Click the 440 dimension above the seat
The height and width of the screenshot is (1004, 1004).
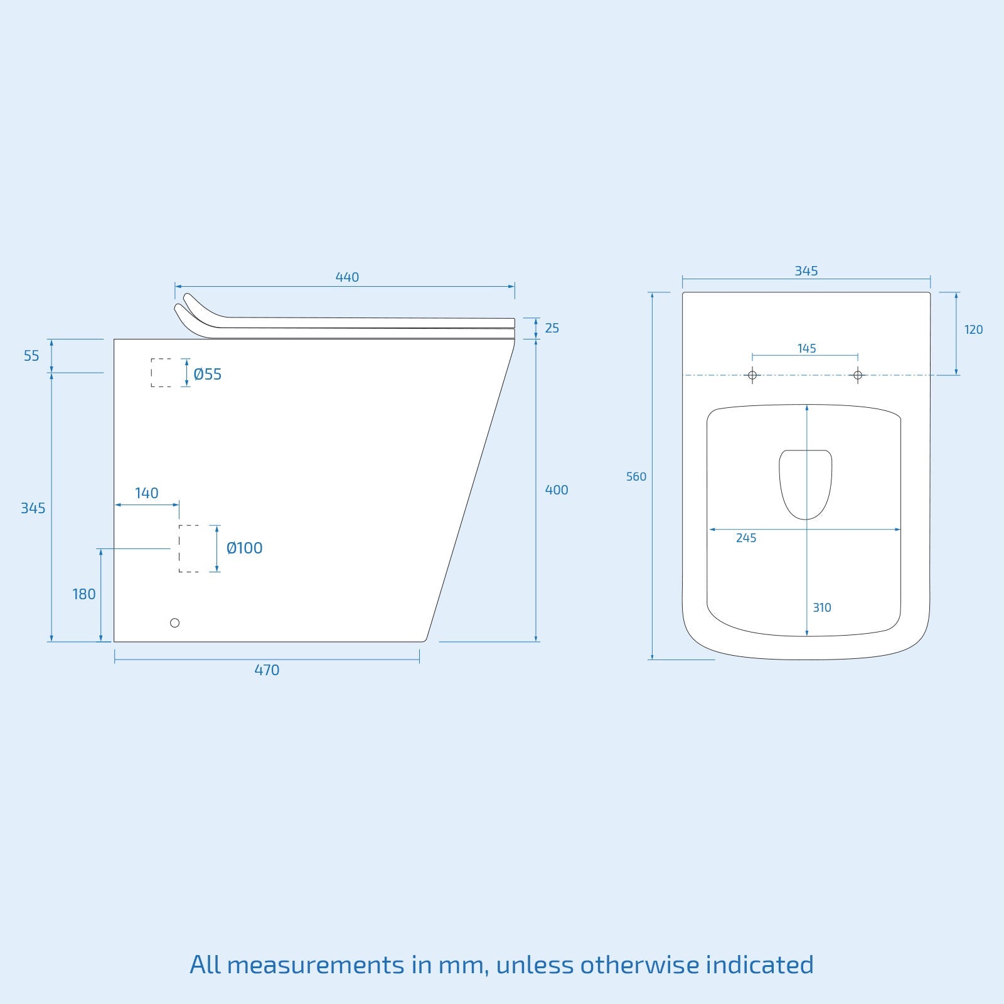(x=347, y=277)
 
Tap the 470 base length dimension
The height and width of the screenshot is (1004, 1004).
(x=267, y=670)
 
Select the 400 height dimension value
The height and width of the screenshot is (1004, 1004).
(x=557, y=490)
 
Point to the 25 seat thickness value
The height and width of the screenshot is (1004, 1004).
(x=552, y=328)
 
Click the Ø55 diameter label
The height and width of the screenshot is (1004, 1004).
(x=208, y=374)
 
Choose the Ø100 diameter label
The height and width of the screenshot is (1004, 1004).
(x=245, y=548)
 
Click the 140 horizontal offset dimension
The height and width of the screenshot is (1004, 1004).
(x=147, y=493)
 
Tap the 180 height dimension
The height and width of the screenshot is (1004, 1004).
(x=84, y=594)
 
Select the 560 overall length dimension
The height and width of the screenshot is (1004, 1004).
(x=636, y=477)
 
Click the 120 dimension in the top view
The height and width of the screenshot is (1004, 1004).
(x=973, y=330)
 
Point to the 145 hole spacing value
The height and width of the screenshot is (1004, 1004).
(x=806, y=348)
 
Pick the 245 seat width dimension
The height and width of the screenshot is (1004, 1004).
(x=746, y=538)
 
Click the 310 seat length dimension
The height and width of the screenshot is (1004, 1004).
(x=822, y=607)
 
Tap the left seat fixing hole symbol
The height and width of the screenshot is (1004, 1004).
(x=753, y=375)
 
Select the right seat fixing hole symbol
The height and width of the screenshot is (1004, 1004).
(x=858, y=375)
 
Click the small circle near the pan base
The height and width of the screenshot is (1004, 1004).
(x=175, y=622)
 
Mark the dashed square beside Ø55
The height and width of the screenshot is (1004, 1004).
(x=161, y=373)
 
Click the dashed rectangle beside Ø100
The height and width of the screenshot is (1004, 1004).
(x=189, y=548)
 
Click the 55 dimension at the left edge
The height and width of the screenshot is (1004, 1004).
(x=31, y=356)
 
